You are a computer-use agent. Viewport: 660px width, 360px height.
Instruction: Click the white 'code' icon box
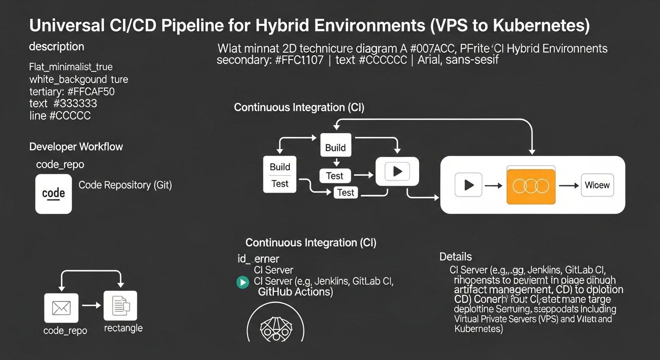pos(53,194)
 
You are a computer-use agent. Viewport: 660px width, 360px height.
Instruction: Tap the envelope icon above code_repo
pos(61,307)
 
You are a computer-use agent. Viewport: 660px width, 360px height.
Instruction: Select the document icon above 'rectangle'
pos(120,306)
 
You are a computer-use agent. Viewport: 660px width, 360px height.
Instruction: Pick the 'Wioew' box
pos(597,185)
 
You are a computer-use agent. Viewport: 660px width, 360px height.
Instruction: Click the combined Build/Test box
pos(280,175)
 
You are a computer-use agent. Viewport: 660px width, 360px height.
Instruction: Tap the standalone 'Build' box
pos(336,147)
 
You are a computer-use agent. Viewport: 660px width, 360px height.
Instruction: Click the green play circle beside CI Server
pos(242,282)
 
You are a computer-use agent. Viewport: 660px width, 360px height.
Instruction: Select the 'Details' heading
pos(455,257)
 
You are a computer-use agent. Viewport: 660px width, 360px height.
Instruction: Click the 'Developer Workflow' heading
pos(76,147)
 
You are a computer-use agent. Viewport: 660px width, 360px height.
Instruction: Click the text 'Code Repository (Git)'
pos(125,185)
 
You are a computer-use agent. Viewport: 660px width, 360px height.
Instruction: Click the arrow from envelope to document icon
pos(91,306)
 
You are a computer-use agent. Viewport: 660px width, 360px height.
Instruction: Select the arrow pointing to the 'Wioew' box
pos(569,186)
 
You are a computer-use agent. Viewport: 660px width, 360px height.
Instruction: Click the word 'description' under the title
pos(56,47)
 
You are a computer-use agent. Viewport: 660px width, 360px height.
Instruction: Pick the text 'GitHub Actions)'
pos(295,292)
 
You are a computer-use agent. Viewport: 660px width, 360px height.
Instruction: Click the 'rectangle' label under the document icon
pos(123,328)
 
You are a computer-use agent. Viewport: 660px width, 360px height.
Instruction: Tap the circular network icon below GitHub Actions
pos(275,324)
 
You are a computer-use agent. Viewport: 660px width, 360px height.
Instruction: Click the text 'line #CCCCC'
pos(60,115)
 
